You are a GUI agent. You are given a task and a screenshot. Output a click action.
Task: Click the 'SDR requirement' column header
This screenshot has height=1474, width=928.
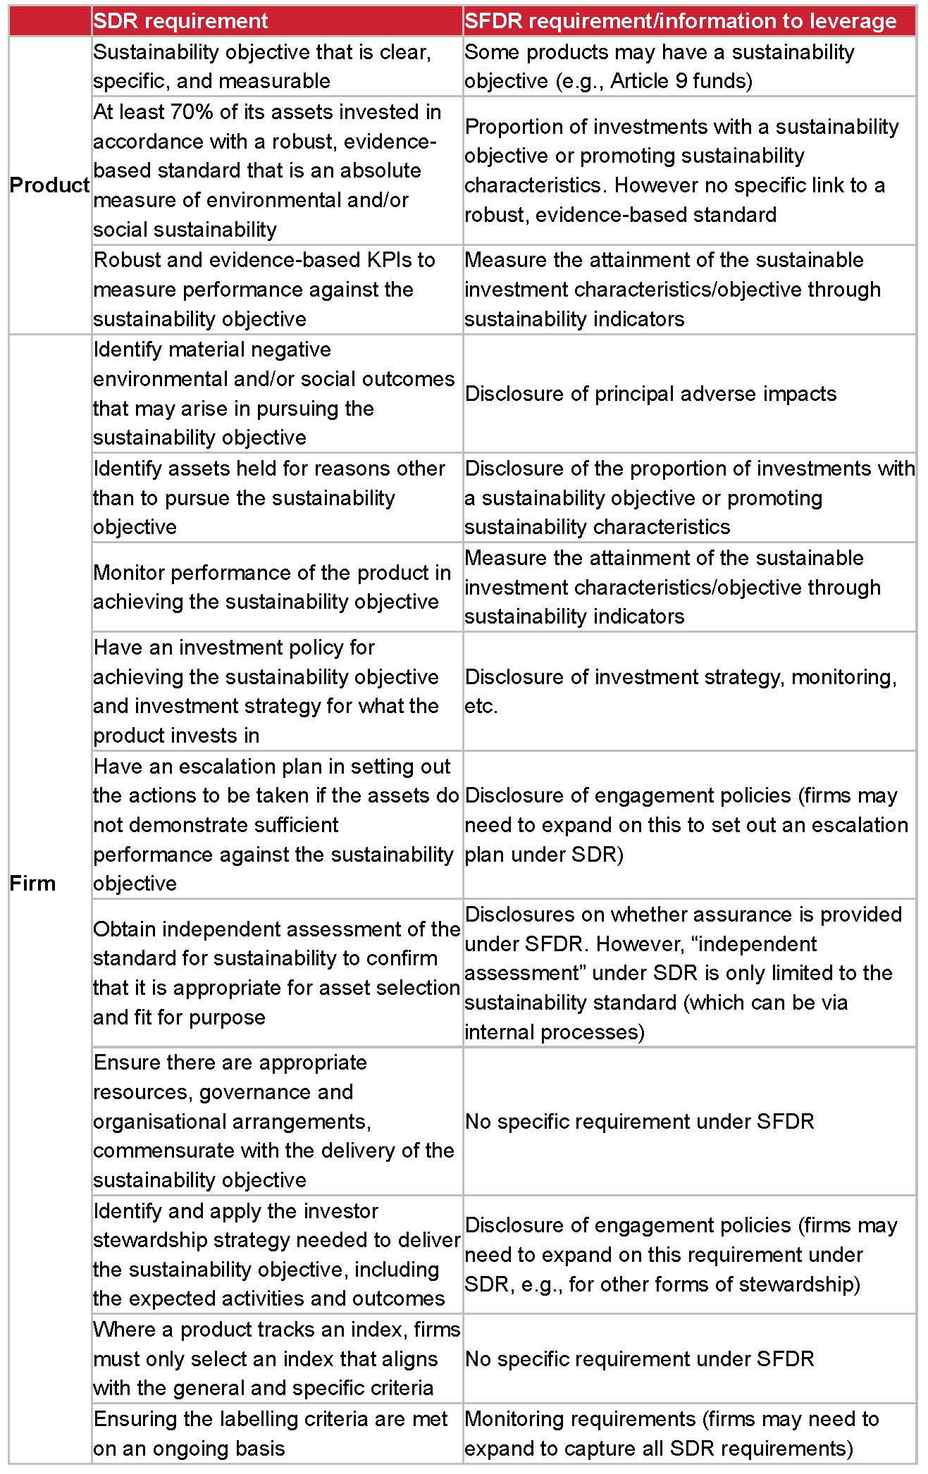point(180,21)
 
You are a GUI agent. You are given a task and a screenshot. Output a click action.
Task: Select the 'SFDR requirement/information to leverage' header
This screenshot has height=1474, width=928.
point(680,21)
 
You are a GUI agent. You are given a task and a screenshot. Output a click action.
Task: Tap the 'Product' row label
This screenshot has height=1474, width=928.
point(49,185)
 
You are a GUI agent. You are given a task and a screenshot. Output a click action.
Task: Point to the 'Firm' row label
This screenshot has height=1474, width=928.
point(32,883)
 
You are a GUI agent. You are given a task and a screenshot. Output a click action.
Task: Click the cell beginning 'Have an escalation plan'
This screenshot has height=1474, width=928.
point(276,824)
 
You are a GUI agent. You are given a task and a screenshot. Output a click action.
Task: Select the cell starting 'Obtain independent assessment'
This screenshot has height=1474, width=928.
point(276,972)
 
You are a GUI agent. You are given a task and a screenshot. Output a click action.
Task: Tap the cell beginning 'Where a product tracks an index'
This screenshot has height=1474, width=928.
point(276,1358)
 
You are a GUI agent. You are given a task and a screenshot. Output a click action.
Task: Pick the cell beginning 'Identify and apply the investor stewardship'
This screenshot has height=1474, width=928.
point(276,1254)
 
